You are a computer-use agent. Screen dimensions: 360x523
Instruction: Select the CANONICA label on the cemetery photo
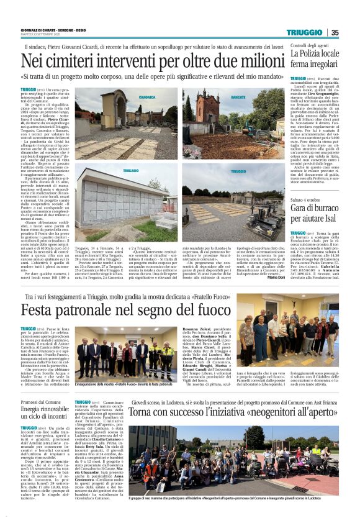[147, 98]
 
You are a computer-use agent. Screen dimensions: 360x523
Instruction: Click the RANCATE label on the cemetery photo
[238, 98]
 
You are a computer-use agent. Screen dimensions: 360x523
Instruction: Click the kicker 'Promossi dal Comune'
[38, 402]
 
